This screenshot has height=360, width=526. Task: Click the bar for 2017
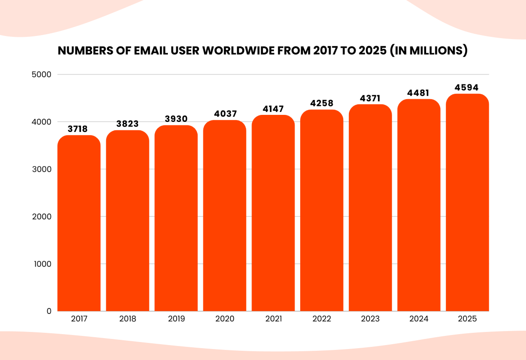(79, 224)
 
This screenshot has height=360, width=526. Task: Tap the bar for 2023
(370, 208)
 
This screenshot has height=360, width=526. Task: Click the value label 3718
(78, 129)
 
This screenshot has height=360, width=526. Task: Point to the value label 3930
(176, 119)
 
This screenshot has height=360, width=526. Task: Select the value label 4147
(273, 109)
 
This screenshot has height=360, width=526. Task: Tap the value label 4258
(322, 103)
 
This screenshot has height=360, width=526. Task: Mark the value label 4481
(419, 93)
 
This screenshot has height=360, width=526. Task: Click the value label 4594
(467, 88)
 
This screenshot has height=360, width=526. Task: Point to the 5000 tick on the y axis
(43, 75)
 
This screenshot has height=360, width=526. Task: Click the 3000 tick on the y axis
(43, 169)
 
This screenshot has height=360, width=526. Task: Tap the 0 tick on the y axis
(49, 311)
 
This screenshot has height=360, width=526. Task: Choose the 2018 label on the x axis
(128, 319)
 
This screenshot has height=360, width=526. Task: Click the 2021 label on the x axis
(273, 319)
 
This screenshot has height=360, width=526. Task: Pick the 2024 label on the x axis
(419, 319)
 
